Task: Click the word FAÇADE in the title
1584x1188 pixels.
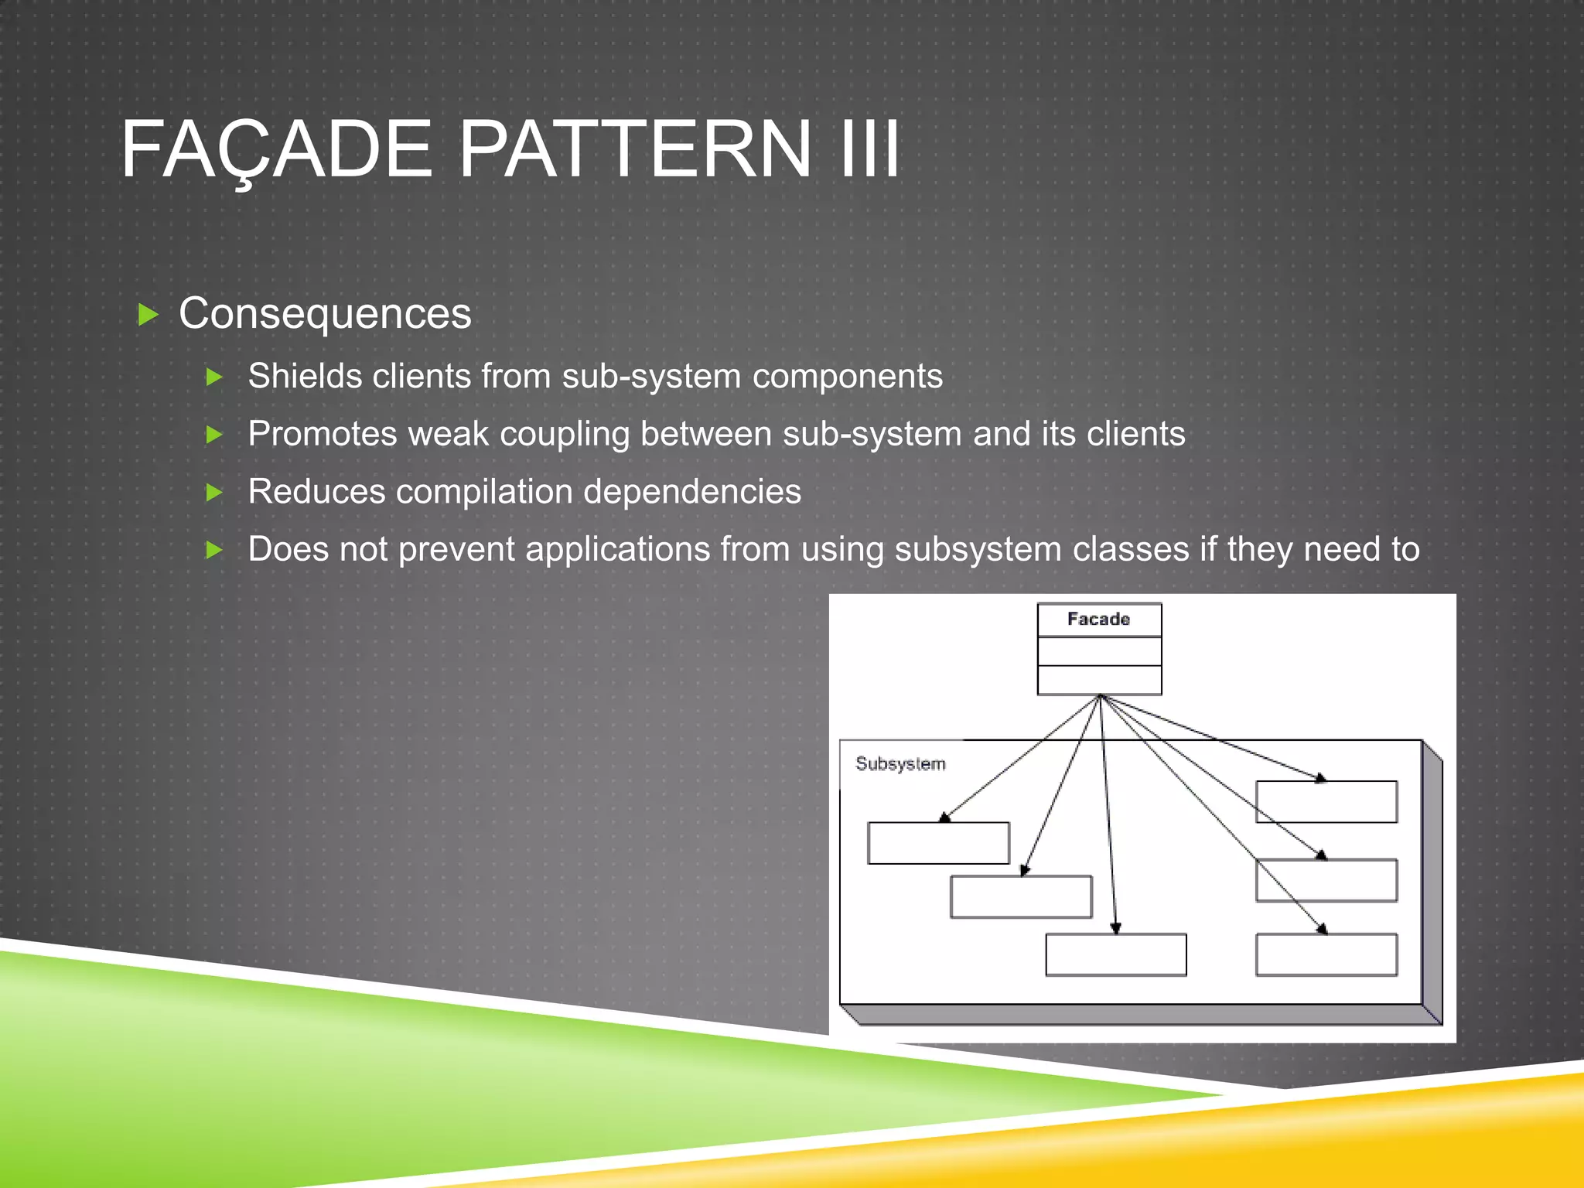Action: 276,148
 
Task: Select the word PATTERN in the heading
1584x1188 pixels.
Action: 635,148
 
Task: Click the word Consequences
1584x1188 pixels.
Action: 325,314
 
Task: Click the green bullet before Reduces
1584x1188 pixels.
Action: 214,493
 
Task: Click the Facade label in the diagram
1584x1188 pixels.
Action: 1098,620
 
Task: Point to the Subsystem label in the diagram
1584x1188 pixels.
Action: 900,764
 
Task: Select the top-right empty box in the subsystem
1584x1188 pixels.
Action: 1326,802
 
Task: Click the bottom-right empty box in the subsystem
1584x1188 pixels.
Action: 1326,955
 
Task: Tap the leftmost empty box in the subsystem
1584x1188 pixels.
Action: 938,843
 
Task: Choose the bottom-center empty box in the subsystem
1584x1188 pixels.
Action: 1115,955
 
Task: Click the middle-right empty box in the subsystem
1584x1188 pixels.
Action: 1326,880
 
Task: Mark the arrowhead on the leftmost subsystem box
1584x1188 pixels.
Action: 944,818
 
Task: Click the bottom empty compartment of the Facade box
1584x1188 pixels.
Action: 1098,680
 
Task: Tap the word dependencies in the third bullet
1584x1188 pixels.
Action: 691,492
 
